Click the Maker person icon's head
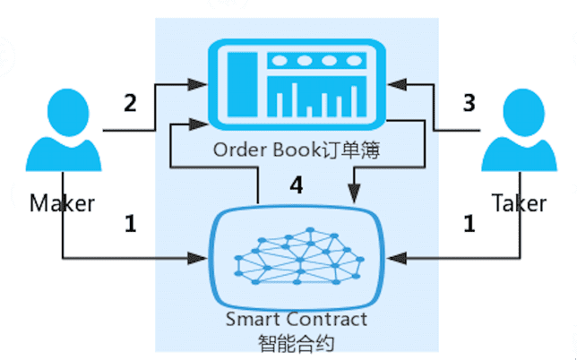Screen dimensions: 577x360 (x=68, y=113)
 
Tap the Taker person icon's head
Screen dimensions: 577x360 (x=523, y=113)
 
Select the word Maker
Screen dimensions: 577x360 (x=62, y=203)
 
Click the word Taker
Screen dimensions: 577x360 (x=520, y=203)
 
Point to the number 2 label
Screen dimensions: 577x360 (x=130, y=103)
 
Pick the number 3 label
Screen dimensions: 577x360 (x=469, y=103)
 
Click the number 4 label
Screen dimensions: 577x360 (x=297, y=185)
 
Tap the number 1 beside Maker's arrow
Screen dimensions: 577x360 (x=131, y=224)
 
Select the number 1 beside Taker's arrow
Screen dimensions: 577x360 (x=469, y=224)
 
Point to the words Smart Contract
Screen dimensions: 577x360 (x=297, y=319)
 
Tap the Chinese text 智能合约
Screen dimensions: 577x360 (x=297, y=343)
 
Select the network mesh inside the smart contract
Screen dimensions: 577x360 (x=299, y=256)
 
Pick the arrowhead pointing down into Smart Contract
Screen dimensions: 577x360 (x=354, y=194)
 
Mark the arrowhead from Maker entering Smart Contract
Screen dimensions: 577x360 (x=198, y=258)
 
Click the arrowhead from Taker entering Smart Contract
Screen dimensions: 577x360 (x=397, y=258)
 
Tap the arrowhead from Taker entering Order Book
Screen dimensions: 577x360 (x=397, y=84)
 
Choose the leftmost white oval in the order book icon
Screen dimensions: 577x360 (x=280, y=61)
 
